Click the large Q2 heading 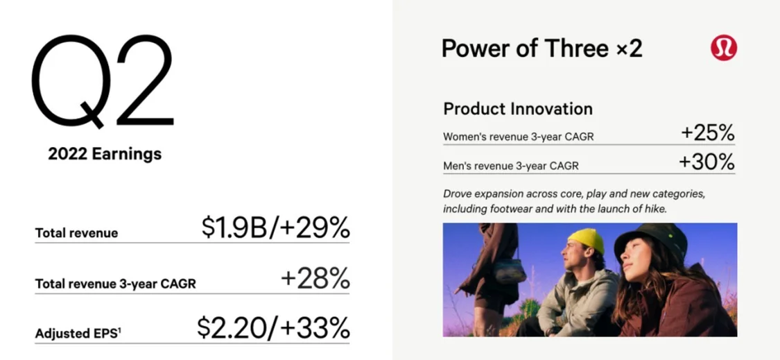[x=103, y=81]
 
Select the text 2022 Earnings [x=105, y=154]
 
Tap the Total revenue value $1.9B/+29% [x=275, y=228]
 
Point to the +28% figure [x=315, y=279]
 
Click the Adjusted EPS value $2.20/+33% [x=274, y=328]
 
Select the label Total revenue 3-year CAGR [x=115, y=284]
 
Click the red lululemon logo [x=724, y=49]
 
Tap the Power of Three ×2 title [x=542, y=49]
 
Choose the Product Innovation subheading [x=518, y=108]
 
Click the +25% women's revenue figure [x=707, y=133]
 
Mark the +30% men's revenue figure [x=707, y=162]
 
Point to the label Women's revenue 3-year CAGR [x=519, y=137]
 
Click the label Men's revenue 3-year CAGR [x=511, y=166]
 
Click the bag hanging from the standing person [x=510, y=271]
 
